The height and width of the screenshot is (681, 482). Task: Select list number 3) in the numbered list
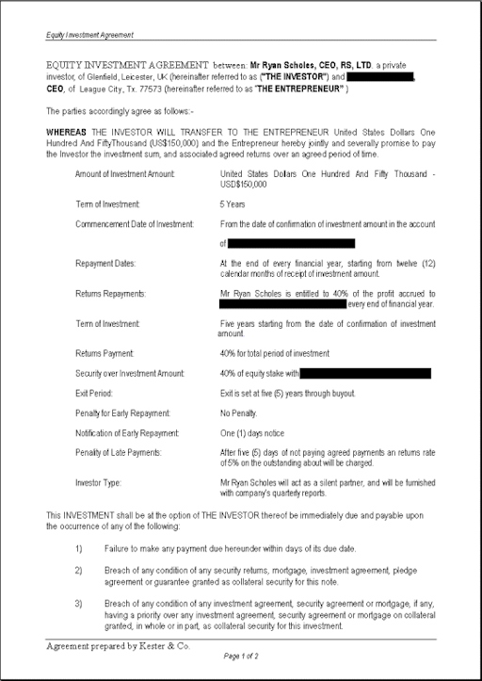(x=79, y=602)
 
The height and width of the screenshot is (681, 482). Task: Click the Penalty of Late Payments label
(x=121, y=453)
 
